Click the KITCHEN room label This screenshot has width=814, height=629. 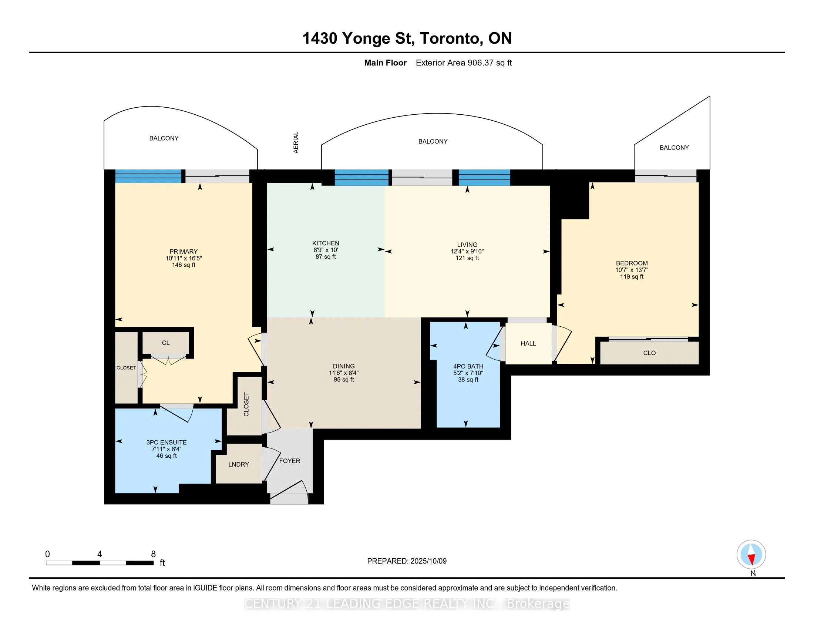click(326, 243)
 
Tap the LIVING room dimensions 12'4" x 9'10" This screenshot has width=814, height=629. click(467, 252)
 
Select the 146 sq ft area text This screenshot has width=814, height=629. click(184, 265)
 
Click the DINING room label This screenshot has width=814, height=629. click(344, 366)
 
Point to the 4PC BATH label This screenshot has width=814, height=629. click(468, 367)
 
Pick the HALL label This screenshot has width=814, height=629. click(528, 344)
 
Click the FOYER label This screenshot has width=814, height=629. click(290, 461)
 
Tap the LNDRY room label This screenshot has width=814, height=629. click(239, 464)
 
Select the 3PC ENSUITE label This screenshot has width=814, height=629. click(166, 442)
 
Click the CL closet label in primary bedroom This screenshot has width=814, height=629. click(166, 343)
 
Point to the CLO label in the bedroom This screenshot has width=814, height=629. click(649, 353)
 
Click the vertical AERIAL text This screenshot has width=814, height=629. click(296, 142)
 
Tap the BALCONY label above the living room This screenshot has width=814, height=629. click(433, 142)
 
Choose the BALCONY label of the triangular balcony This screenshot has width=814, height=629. click(674, 148)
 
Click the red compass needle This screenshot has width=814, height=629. click(752, 559)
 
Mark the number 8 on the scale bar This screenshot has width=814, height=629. click(153, 554)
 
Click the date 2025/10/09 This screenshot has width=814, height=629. click(428, 561)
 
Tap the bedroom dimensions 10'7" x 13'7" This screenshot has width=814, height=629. click(632, 270)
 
